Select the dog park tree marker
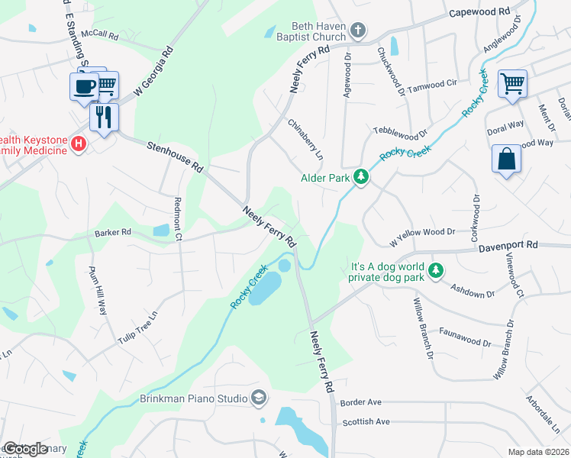436,269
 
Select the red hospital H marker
77,143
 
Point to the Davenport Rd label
508,246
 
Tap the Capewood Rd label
479,13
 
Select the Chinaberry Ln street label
305,135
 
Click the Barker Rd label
113,232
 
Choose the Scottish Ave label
366,421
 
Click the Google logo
25,449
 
